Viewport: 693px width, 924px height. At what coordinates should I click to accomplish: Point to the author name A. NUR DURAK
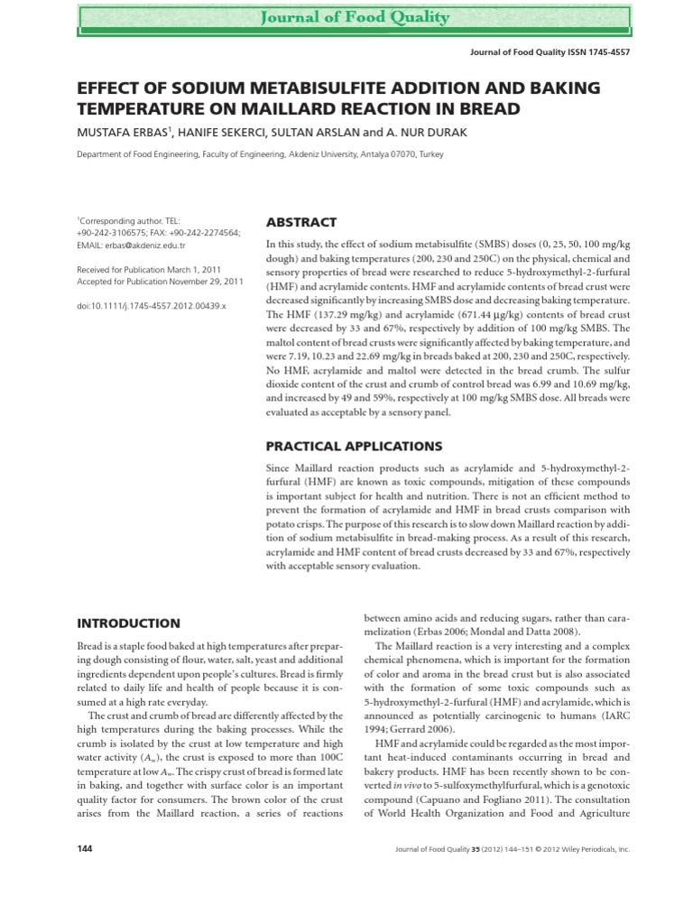428,134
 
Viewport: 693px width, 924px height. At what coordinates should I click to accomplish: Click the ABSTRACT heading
300,222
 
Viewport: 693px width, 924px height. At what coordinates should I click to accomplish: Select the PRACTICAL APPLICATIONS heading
353,446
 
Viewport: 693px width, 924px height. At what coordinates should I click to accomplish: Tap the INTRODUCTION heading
128,623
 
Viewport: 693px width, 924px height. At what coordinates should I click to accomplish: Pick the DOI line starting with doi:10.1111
151,306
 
